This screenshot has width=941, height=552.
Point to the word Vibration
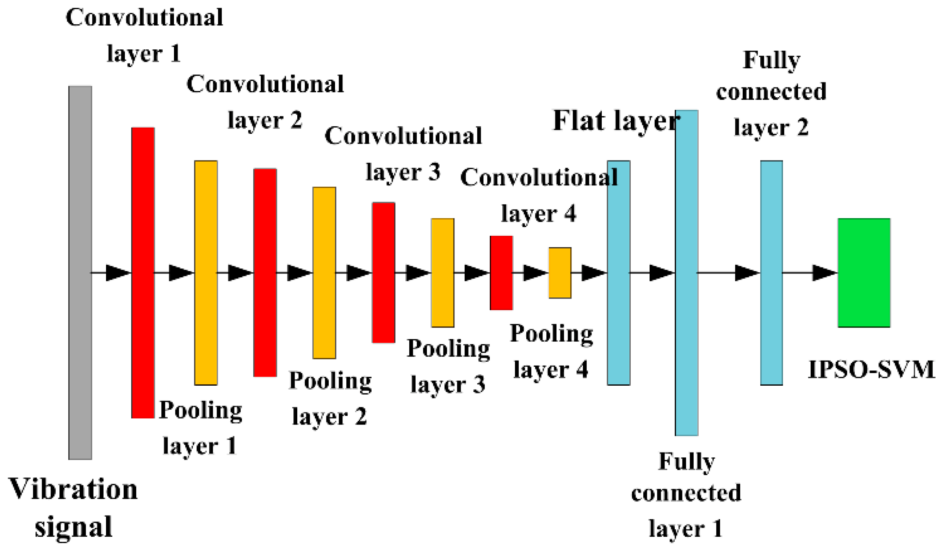point(73,489)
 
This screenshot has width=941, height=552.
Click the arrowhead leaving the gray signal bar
point(117,272)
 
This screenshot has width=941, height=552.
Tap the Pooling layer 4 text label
point(551,351)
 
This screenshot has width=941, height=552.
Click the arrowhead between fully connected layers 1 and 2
point(746,272)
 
